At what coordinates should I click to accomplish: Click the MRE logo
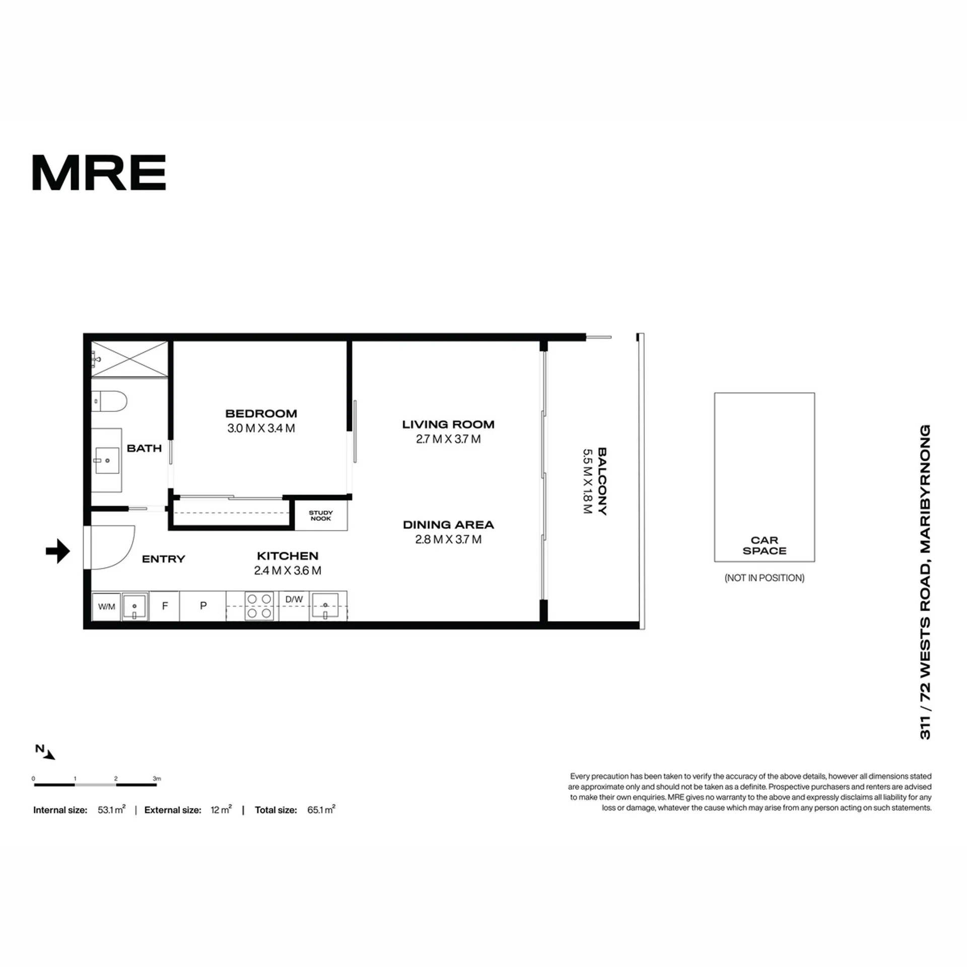99,172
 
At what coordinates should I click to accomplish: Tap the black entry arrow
58,551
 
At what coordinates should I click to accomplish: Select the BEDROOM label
261,413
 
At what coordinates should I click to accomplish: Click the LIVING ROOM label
448,425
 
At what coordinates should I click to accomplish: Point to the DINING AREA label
448,525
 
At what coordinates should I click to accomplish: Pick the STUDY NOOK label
321,515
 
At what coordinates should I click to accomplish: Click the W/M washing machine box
106,606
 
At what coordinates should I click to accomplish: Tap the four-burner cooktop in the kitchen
259,606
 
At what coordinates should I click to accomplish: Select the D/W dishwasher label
294,599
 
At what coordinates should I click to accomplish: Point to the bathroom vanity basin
107,460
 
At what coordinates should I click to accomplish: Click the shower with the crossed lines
129,359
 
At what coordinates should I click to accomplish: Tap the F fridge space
165,606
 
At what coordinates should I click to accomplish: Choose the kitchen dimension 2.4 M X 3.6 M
288,571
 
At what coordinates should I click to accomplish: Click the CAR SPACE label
765,545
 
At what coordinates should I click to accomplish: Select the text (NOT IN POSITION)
765,578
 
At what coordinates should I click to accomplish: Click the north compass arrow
49,754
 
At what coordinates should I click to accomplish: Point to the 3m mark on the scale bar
157,779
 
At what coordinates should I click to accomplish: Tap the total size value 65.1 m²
321,809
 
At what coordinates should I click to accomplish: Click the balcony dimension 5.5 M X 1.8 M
587,481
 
